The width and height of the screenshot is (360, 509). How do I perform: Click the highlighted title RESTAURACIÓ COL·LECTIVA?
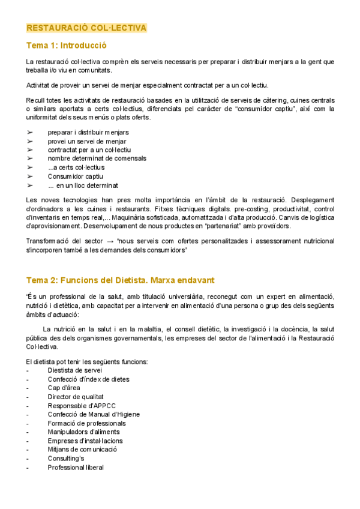tap(86, 28)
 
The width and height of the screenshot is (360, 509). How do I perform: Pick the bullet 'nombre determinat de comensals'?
tap(97, 158)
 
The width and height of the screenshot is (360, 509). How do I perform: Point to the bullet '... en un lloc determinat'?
tap(83, 185)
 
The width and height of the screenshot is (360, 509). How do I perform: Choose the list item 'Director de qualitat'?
tap(76, 397)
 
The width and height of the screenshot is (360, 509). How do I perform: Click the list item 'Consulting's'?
tap(65, 459)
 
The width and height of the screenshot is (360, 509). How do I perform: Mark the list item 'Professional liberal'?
tap(76, 468)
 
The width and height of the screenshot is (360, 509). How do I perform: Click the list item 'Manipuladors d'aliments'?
tap(83, 432)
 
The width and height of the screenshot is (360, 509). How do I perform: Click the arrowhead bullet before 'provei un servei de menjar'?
tap(30, 141)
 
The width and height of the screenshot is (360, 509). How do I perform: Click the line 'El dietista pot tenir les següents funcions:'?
tap(88, 361)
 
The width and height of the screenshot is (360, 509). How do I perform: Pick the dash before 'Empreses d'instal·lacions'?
tap(28, 441)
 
